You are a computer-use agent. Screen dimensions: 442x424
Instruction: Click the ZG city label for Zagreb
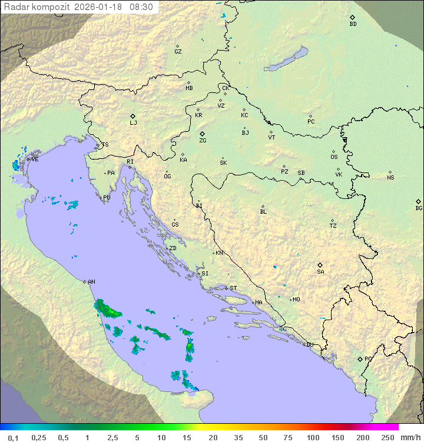(x=203, y=141)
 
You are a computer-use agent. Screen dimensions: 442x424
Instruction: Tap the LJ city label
(x=133, y=123)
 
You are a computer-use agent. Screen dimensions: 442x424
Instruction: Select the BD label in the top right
(x=353, y=24)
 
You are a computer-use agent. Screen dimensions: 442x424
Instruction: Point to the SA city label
(x=320, y=272)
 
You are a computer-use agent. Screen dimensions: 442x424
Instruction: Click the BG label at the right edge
(x=419, y=208)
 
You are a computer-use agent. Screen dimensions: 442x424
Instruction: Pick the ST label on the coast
(x=233, y=288)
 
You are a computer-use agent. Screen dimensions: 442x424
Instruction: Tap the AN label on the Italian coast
(x=91, y=282)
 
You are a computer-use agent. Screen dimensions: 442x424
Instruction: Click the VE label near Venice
(x=35, y=159)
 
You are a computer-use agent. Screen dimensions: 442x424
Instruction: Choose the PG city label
(x=368, y=359)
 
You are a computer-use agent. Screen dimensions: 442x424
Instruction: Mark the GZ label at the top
(x=178, y=52)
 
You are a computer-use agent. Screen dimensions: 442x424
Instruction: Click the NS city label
(x=390, y=178)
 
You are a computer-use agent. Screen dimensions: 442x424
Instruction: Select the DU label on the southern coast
(x=309, y=345)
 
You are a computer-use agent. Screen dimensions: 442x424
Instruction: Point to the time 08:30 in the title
(x=141, y=7)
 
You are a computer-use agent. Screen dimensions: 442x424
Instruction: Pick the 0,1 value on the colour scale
(x=13, y=437)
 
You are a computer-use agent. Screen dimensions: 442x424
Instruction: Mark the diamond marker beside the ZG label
(x=202, y=134)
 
